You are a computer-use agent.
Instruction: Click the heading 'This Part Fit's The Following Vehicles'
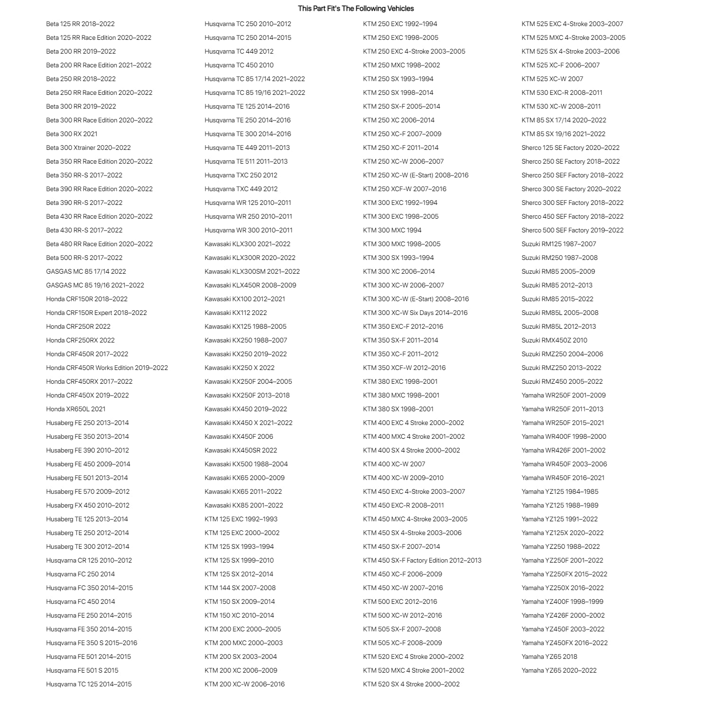[356, 9]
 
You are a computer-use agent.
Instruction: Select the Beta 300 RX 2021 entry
[72, 134]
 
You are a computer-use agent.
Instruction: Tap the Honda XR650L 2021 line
[76, 409]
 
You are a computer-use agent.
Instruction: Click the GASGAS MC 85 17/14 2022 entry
[86, 271]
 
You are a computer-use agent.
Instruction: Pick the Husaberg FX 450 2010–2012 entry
[88, 505]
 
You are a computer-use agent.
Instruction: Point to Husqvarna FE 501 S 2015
[82, 670]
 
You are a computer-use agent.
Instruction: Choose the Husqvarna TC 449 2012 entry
[239, 51]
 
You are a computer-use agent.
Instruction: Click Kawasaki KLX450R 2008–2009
[250, 285]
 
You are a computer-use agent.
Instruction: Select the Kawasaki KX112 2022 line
[236, 313]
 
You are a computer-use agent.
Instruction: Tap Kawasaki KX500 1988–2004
[246, 464]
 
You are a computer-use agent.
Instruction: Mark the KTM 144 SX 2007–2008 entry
[240, 588]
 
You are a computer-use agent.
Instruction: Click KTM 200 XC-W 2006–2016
[245, 684]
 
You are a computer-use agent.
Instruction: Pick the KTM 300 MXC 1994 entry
[392, 230]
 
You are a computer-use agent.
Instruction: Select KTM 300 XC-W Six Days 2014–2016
[415, 313]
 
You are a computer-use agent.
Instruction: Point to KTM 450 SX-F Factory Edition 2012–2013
[422, 560]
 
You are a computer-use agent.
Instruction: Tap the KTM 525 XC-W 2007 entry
[552, 79]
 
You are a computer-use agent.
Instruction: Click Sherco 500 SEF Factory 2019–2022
[573, 230]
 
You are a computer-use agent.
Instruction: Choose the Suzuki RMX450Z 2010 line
[554, 340]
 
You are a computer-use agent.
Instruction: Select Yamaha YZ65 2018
[549, 657]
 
